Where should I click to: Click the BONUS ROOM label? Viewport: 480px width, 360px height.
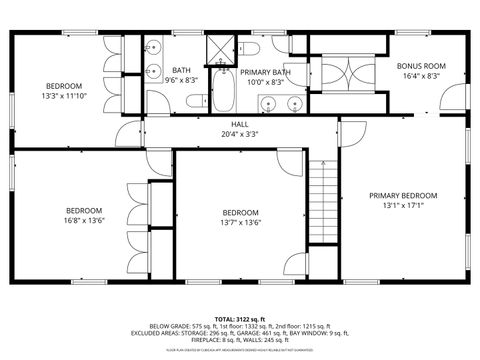[x=421, y=66]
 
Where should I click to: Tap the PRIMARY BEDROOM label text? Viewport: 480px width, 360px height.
[x=403, y=195]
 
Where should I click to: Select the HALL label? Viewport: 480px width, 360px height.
[x=239, y=123]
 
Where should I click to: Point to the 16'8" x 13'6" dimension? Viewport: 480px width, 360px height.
[x=84, y=221]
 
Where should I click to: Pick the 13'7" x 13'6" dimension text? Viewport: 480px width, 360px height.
[x=240, y=223]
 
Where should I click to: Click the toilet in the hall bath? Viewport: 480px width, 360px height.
[x=196, y=99]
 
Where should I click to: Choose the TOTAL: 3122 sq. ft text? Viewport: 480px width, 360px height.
[x=240, y=317]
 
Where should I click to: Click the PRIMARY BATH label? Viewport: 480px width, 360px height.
[x=265, y=72]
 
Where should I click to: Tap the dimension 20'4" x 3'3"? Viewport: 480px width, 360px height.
[x=239, y=133]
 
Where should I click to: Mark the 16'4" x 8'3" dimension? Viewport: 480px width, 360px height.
[x=421, y=76]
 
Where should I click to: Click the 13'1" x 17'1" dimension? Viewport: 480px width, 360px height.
[x=403, y=206]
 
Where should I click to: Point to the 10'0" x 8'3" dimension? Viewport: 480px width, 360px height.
[x=265, y=82]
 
